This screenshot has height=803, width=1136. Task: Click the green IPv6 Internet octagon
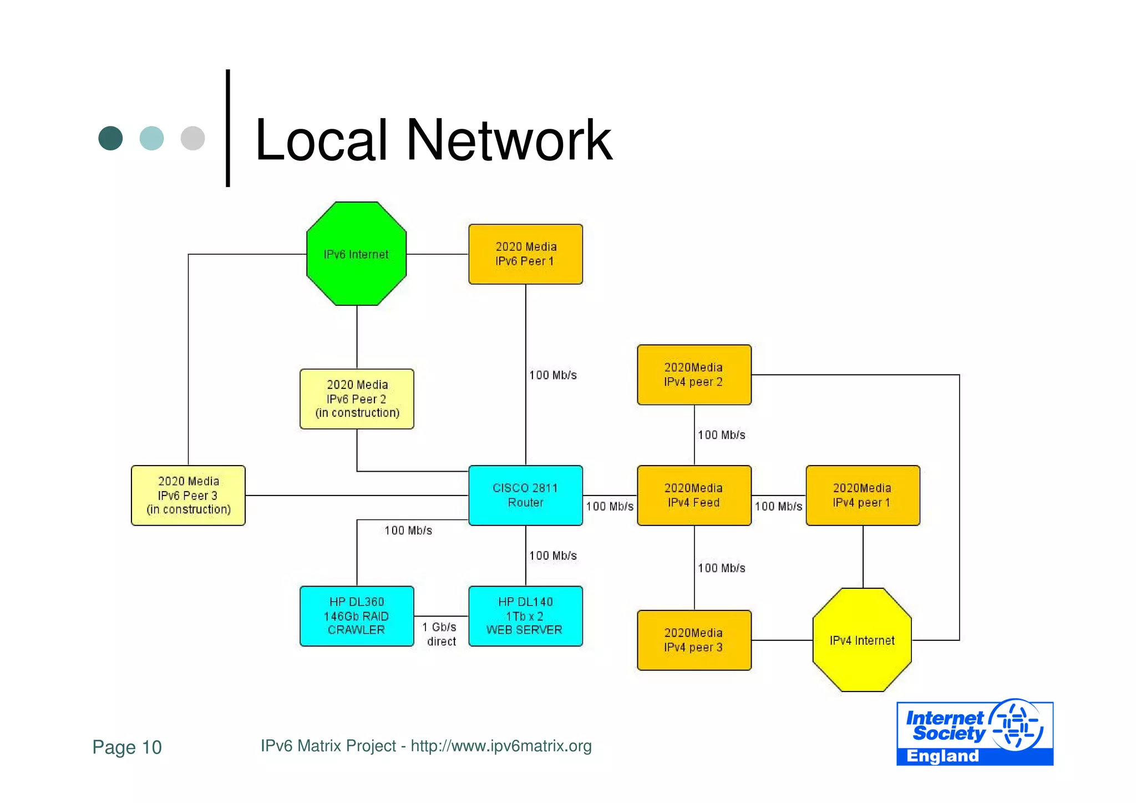pyautogui.click(x=356, y=254)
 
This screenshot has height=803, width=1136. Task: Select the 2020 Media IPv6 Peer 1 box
pyautogui.click(x=525, y=254)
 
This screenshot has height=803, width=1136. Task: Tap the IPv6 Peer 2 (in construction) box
pyautogui.click(x=357, y=398)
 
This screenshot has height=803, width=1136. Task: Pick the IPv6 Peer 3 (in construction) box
pyautogui.click(x=188, y=495)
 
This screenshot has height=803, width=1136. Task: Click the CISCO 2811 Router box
pyautogui.click(x=525, y=495)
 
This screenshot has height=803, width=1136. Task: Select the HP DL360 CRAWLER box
pyautogui.click(x=357, y=615)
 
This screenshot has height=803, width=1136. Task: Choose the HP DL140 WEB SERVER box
pyautogui.click(x=525, y=615)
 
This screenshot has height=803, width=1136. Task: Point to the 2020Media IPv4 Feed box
pyautogui.click(x=694, y=495)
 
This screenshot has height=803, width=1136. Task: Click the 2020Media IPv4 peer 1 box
pyautogui.click(x=863, y=495)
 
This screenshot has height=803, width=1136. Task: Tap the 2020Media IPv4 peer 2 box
pyautogui.click(x=694, y=375)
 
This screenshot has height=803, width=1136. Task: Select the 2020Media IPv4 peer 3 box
pyautogui.click(x=694, y=640)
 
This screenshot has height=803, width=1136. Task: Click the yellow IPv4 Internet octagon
pyautogui.click(x=862, y=640)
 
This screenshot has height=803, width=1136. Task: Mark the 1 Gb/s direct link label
pyautogui.click(x=440, y=634)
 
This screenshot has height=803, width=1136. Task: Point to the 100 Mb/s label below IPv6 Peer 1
pyautogui.click(x=552, y=375)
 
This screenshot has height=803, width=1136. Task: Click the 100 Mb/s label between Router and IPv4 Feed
pyautogui.click(x=610, y=506)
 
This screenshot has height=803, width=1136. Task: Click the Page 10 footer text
pyautogui.click(x=127, y=747)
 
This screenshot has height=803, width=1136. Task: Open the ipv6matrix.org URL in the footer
pyautogui.click(x=501, y=746)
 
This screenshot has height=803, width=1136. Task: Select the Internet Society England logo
pyautogui.click(x=975, y=733)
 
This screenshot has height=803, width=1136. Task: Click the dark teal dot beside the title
pyautogui.click(x=110, y=138)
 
